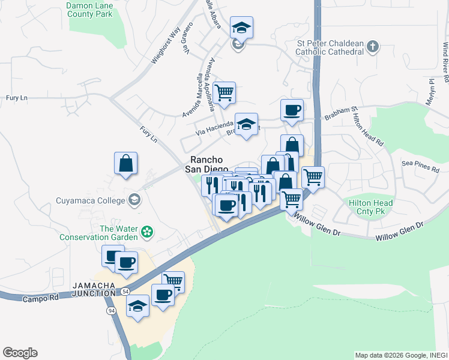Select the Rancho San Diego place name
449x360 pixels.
tap(207, 164)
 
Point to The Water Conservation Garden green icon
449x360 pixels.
tap(146, 231)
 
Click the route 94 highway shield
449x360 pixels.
tap(112, 311)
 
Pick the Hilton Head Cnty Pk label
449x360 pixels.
tap(371, 208)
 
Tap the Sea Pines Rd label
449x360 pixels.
tap(420, 166)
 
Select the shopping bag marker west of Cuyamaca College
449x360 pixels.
tap(126, 163)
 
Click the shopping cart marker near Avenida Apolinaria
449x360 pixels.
tap(224, 93)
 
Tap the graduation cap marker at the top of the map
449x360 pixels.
tap(241, 28)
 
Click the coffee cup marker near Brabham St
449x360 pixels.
tap(292, 110)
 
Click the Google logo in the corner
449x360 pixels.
tap(20, 353)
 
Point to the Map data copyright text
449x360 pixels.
tap(400, 355)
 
